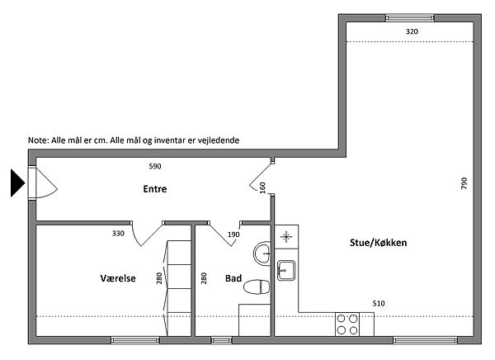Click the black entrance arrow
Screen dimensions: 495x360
pyautogui.click(x=17, y=183)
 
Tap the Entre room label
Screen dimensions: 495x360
pyautogui.click(x=155, y=189)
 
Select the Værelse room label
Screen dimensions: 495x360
pyautogui.click(x=118, y=278)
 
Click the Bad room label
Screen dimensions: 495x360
pyautogui.click(x=233, y=278)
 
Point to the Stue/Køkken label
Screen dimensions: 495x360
pyautogui.click(x=378, y=243)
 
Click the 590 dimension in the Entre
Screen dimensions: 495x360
pyautogui.click(x=155, y=166)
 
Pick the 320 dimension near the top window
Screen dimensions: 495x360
pyautogui.click(x=412, y=31)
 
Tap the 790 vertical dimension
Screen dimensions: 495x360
pyautogui.click(x=464, y=183)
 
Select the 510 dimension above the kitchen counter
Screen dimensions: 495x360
pyautogui.click(x=379, y=304)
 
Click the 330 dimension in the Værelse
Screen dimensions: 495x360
pyautogui.click(x=118, y=234)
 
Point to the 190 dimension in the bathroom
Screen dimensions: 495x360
pyautogui.click(x=233, y=234)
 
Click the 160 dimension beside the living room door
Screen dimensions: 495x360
pyautogui.click(x=262, y=187)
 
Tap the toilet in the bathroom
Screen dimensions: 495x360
pyautogui.click(x=257, y=287)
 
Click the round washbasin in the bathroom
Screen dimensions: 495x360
pyautogui.click(x=262, y=253)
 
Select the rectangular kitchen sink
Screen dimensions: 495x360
pyautogui.click(x=286, y=270)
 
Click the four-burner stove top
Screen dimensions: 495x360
pyautogui.click(x=347, y=324)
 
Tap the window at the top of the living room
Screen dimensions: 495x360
pyautogui.click(x=410, y=18)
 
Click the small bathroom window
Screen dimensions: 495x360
pyautogui.click(x=221, y=340)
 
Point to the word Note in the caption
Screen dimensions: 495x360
pyautogui.click(x=38, y=140)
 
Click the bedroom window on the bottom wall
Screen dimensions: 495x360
pyautogui.click(x=135, y=340)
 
